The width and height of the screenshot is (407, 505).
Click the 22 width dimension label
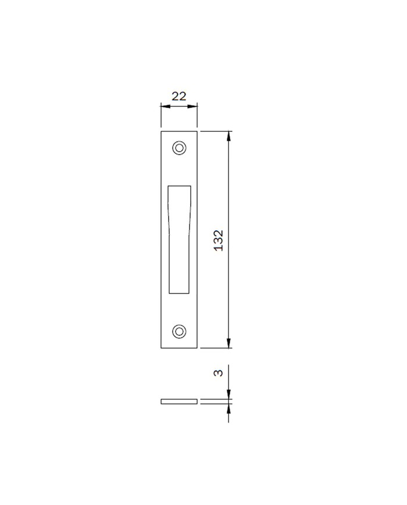coord(179,96)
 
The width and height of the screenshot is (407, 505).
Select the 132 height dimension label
coord(219,240)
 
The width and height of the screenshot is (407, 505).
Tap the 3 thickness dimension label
coord(219,373)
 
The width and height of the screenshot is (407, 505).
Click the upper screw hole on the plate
coord(179,148)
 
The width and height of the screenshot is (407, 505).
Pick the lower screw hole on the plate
coord(179,331)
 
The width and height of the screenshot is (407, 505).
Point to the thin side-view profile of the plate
coord(179,402)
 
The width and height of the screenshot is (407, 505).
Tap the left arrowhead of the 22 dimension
coord(165,106)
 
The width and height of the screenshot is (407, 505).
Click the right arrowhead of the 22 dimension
coord(192,106)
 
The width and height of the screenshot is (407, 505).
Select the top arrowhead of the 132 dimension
coord(229,135)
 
